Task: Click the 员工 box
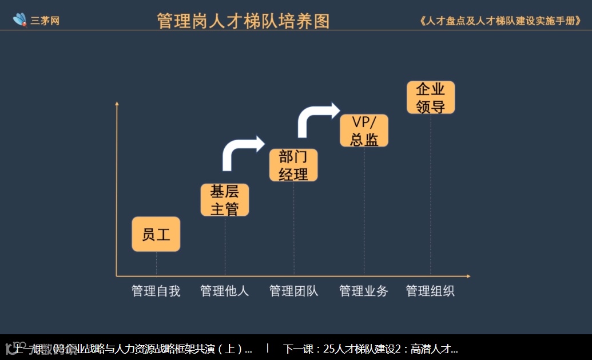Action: [x=156, y=234]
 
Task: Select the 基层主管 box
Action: [x=225, y=200]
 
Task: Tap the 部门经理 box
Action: [x=293, y=165]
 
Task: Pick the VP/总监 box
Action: [x=364, y=130]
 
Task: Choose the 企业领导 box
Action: [x=431, y=97]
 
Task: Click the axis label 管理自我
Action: [x=156, y=291]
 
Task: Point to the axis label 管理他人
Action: [x=225, y=291]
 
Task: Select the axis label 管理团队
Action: [x=293, y=291]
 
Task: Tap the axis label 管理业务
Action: [x=364, y=291]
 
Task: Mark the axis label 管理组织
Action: [x=430, y=291]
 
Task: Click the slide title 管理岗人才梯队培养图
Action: [x=243, y=21]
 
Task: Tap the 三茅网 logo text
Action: [x=45, y=21]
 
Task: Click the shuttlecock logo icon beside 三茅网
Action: [x=21, y=20]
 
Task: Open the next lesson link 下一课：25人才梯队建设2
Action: [x=371, y=349]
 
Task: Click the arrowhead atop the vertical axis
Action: [x=117, y=104]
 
